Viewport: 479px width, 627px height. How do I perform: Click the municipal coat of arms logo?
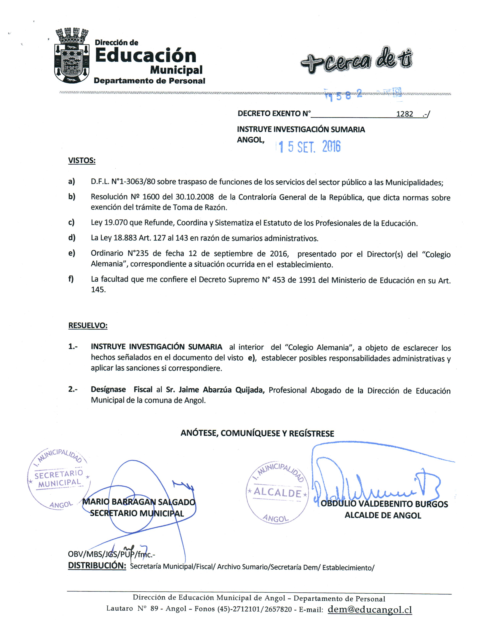(x=72, y=56)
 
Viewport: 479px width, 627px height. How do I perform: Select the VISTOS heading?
(x=82, y=160)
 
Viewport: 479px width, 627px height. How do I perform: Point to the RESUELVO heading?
(x=88, y=325)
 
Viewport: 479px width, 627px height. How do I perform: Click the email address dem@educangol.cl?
(x=370, y=609)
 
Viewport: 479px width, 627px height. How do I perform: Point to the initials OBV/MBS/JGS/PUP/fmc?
(x=111, y=554)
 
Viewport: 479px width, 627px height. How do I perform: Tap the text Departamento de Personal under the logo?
(x=149, y=81)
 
